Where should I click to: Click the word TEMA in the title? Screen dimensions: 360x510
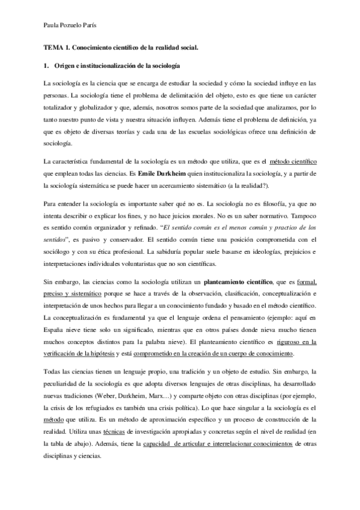(53, 46)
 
